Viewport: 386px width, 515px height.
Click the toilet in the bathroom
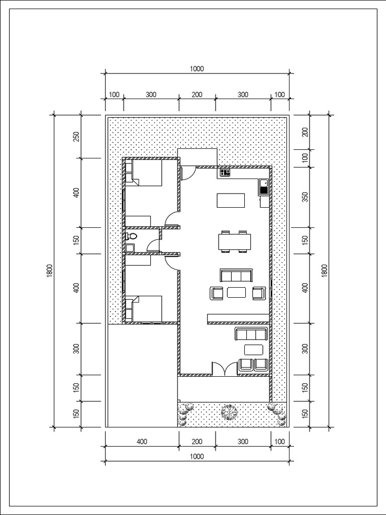132,236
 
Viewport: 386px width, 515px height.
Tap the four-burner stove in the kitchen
225,173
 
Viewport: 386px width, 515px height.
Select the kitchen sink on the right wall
264,187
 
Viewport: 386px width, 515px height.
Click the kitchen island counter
231,200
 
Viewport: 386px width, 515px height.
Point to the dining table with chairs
235,241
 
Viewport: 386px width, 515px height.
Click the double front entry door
225,369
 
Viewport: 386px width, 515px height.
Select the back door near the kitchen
188,173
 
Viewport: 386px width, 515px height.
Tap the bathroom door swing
153,245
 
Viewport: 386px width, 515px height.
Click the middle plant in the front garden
229,412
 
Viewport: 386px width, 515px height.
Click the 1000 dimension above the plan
197,70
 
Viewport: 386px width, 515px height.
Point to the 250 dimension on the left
76,137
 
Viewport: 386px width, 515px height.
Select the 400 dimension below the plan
142,442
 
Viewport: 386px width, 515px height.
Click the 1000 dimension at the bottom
197,456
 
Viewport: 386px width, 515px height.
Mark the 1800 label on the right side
325,270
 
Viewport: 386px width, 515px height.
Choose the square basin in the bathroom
129,247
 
